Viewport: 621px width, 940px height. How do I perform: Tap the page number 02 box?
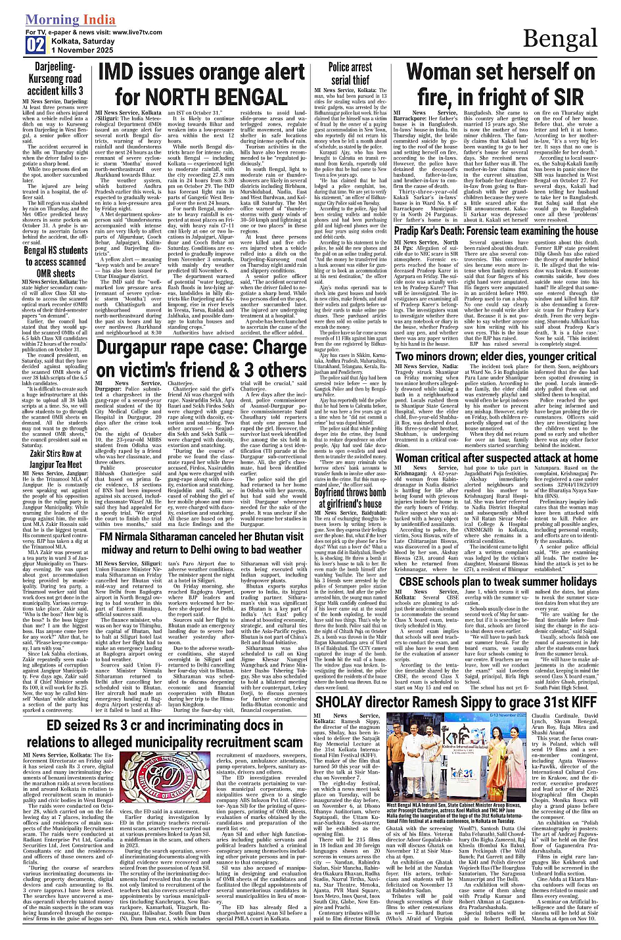coord(35,45)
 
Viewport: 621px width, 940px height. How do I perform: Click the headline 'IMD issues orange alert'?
coord(202,71)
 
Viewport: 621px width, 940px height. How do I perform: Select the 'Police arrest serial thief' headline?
coord(350,74)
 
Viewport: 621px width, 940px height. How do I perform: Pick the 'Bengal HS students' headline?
coord(56,261)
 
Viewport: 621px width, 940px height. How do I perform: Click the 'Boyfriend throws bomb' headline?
coord(350,498)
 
